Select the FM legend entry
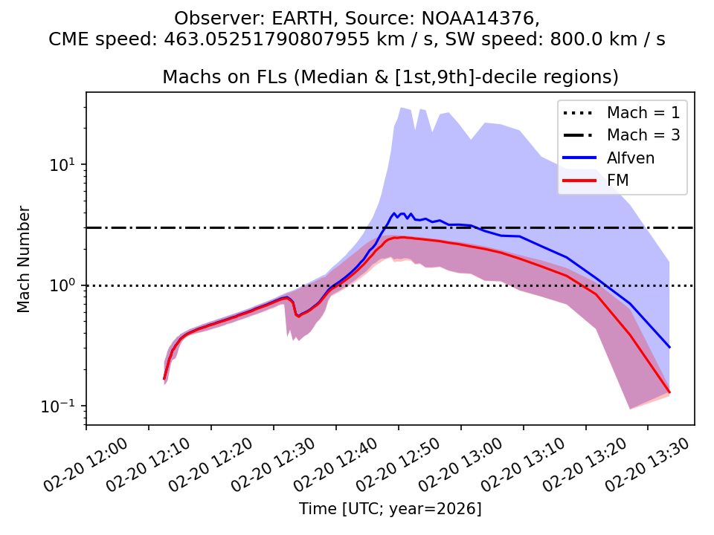pyautogui.click(x=618, y=179)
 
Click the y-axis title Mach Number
pyautogui.click(x=24, y=259)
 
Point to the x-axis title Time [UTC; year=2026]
pyautogui.click(x=390, y=509)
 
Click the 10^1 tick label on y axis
pyautogui.click(x=62, y=164)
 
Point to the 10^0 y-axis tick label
pyautogui.click(x=62, y=285)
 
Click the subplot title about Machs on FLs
pyautogui.click(x=390, y=77)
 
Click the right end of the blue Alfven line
pyautogui.click(x=669, y=347)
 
